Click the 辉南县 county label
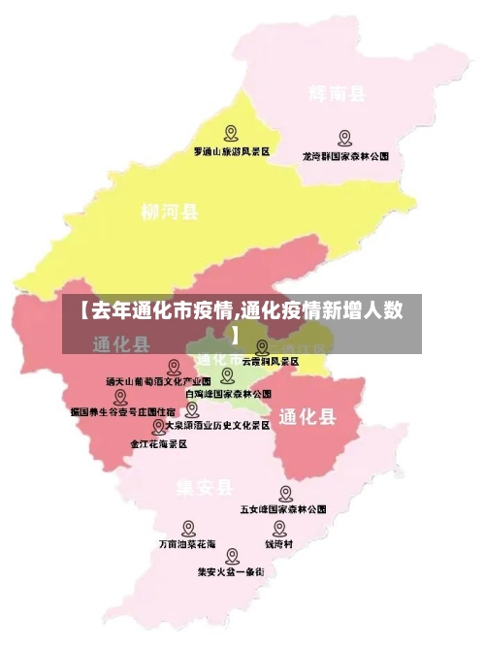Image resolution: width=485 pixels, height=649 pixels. pos(337,94)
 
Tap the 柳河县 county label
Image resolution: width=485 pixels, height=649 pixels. pos(170,211)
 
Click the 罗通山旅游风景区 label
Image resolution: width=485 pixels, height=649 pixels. pos(231,152)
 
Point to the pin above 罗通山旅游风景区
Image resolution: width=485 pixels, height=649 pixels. pos(231,133)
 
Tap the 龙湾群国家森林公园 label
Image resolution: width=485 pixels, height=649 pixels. pos(345,155)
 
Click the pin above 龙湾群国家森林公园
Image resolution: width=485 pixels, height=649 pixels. pos(344,138)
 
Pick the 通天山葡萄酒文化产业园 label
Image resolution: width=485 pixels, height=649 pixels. pos(158,381)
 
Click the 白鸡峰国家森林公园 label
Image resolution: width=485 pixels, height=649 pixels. pos(228,394)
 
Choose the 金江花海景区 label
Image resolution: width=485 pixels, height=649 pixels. pos(158,442)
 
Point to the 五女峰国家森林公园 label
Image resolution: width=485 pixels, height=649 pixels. pos(283,508)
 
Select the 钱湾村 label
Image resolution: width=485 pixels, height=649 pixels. pos(279,544)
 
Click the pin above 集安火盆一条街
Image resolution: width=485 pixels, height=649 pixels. pos(232,557)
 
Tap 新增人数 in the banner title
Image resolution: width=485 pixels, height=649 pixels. pos(364,310)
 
